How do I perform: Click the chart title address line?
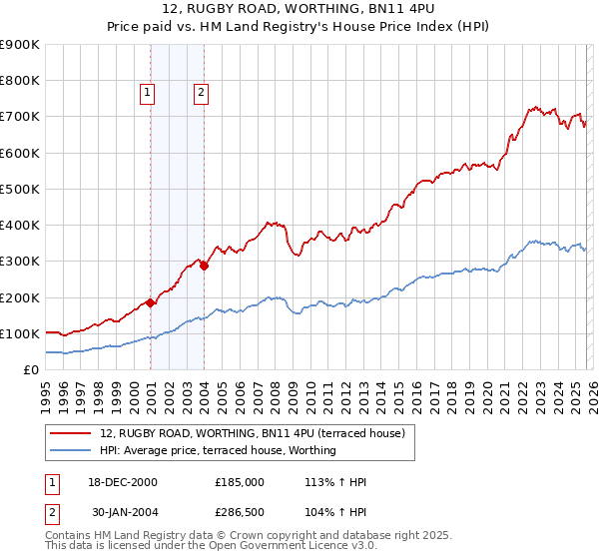(x=299, y=11)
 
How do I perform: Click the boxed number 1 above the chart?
(x=147, y=93)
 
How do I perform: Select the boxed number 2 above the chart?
(x=201, y=93)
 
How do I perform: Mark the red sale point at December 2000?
(x=151, y=302)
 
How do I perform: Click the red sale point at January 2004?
(x=204, y=266)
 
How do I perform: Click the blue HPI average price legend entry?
(x=218, y=450)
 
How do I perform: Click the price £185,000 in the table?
(x=239, y=482)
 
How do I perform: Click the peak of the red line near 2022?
(x=535, y=106)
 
